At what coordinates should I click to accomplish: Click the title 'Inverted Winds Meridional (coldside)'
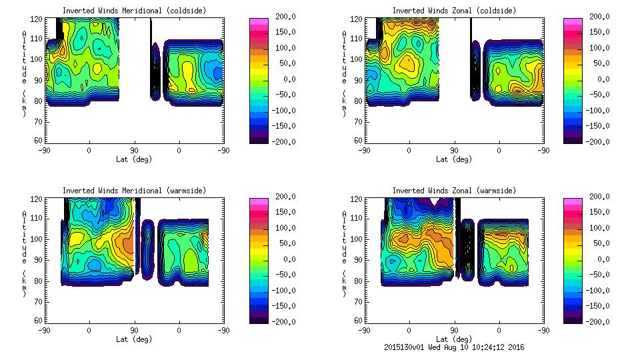(x=134, y=11)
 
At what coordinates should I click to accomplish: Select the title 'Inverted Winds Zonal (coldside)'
(x=454, y=11)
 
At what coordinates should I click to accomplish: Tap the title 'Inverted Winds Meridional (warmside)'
(x=134, y=191)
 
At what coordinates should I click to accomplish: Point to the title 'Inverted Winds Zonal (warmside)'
(x=454, y=191)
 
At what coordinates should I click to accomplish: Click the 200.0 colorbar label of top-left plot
(x=282, y=16)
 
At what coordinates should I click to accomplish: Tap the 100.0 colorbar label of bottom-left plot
(x=282, y=228)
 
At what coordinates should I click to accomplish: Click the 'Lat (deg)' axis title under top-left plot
(x=134, y=159)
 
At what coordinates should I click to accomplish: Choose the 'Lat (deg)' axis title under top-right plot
(x=454, y=159)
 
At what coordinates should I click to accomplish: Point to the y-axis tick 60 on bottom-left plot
(x=39, y=321)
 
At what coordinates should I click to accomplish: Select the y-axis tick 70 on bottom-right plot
(x=359, y=300)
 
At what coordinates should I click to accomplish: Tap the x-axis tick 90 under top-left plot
(x=134, y=150)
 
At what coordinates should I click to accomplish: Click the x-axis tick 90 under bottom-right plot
(x=454, y=330)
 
